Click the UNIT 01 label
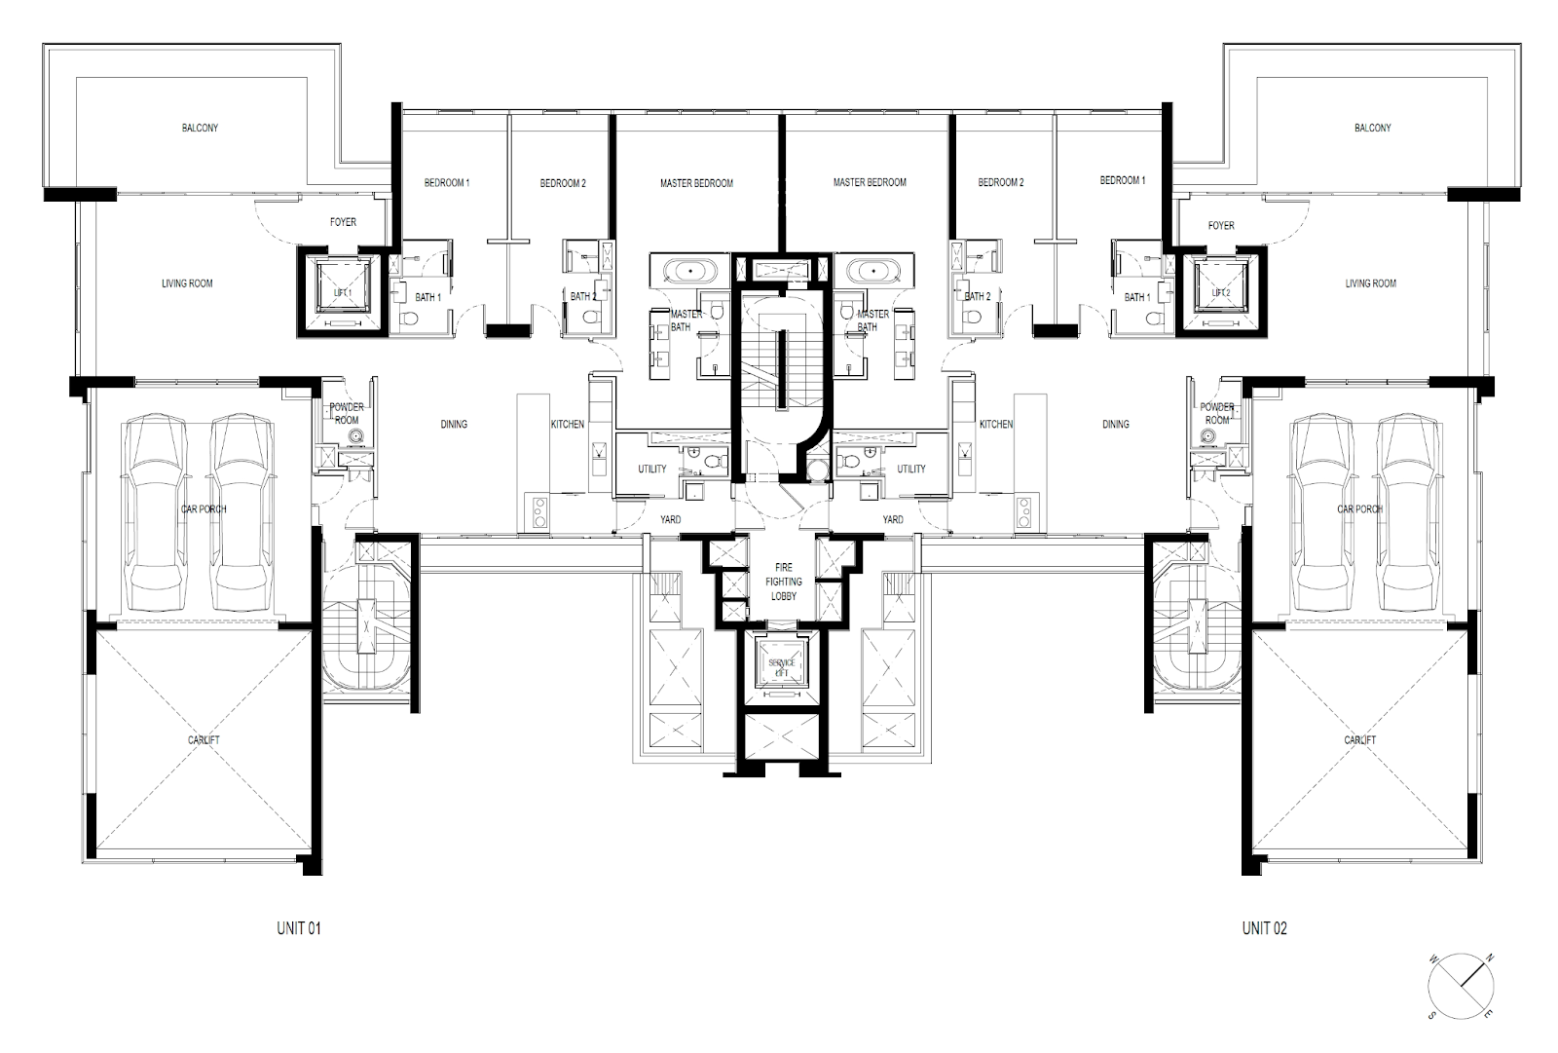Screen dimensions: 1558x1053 pyautogui.click(x=299, y=927)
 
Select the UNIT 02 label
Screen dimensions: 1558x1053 pyautogui.click(x=1265, y=927)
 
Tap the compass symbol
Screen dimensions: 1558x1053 pyautogui.click(x=1461, y=986)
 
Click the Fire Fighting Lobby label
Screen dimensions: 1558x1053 pyautogui.click(x=784, y=582)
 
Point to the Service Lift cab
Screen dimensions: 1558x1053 pyautogui.click(x=782, y=666)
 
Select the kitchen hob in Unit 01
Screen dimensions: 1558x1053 pyautogui.click(x=539, y=512)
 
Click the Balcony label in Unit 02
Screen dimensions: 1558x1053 pyautogui.click(x=1372, y=128)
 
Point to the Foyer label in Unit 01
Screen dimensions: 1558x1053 pyautogui.click(x=343, y=222)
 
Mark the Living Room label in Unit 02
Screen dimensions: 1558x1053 pyautogui.click(x=1370, y=283)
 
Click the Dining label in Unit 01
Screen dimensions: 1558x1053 pyautogui.click(x=454, y=424)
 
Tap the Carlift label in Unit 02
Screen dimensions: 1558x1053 pyautogui.click(x=1359, y=739)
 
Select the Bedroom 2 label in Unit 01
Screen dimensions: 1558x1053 pyautogui.click(x=563, y=184)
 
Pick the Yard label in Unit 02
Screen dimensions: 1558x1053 pyautogui.click(x=893, y=519)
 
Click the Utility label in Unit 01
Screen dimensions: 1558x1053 pyautogui.click(x=651, y=470)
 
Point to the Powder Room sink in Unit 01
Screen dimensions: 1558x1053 pyautogui.click(x=356, y=436)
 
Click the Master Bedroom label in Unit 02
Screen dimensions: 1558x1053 pyautogui.click(x=870, y=182)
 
